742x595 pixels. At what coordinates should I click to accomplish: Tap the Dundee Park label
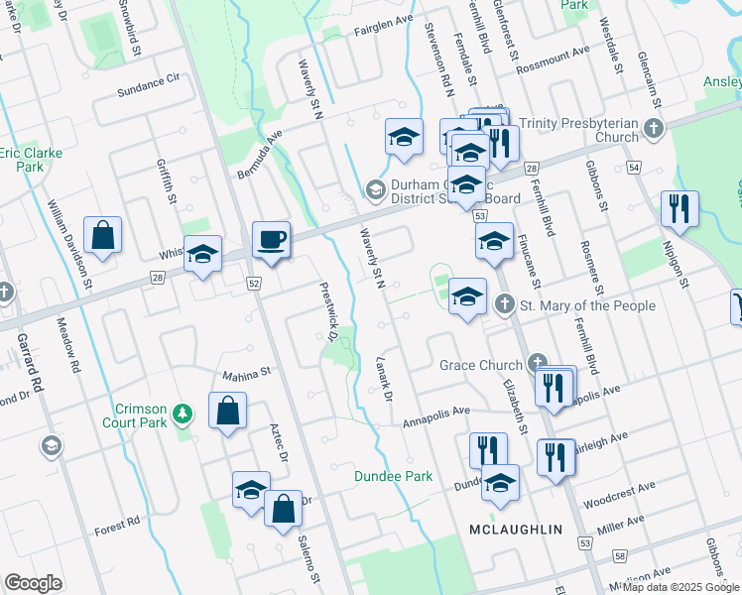394,476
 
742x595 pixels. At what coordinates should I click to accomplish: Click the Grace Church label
481,365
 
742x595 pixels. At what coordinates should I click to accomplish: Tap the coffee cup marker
271,239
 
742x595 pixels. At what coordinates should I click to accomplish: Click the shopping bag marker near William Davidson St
102,235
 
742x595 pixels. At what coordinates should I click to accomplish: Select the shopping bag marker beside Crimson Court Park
227,410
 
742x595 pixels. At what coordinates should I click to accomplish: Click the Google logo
34,583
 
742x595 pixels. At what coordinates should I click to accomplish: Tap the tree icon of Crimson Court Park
182,411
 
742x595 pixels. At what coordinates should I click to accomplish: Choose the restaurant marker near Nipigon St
680,208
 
